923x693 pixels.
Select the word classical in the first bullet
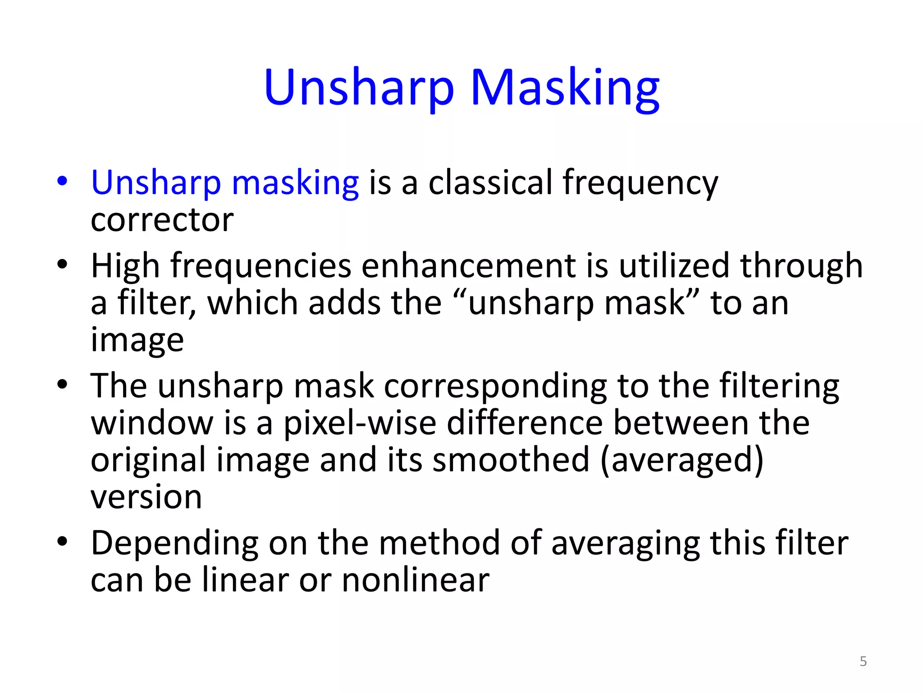click(x=490, y=182)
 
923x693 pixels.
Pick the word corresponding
click(x=495, y=387)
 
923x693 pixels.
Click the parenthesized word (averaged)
click(x=682, y=460)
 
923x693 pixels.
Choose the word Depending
click(x=174, y=543)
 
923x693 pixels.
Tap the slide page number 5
click(x=863, y=661)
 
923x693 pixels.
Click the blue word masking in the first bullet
click(x=295, y=183)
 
